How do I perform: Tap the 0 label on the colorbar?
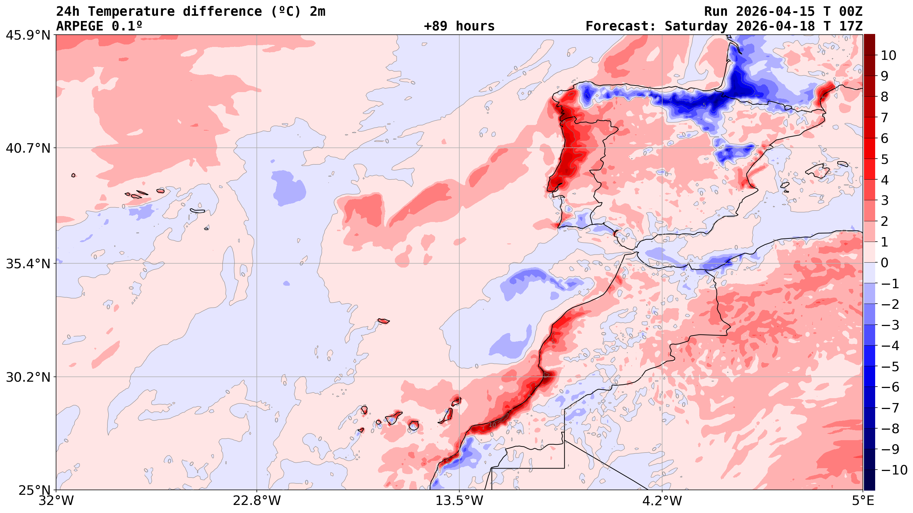pos(885,263)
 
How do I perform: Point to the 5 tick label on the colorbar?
pos(885,159)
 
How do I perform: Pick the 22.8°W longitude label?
pos(256,501)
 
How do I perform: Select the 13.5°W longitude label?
pos(459,501)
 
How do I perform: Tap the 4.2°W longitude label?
pos(662,501)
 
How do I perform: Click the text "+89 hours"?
pos(459,26)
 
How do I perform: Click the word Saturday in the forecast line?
pos(696,26)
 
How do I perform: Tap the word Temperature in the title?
pos(131,12)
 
